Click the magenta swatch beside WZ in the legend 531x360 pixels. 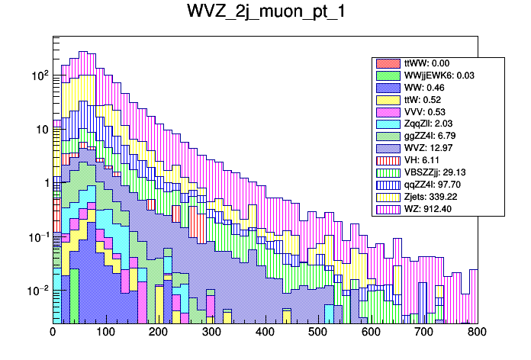[388, 208]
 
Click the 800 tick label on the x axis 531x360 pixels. [476, 333]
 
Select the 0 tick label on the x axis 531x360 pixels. [53, 333]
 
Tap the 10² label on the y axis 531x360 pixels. [40, 76]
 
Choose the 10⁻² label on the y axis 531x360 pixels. [38, 291]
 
